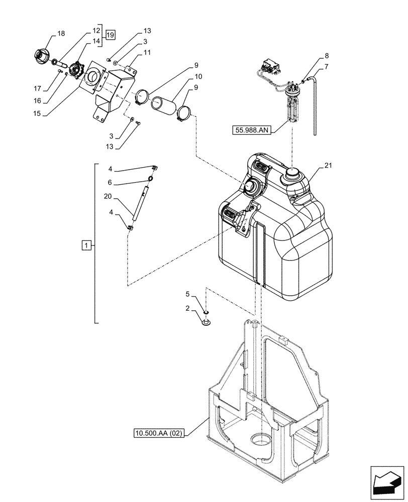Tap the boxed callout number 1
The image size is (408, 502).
tap(86, 245)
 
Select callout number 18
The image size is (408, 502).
tap(61, 33)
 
